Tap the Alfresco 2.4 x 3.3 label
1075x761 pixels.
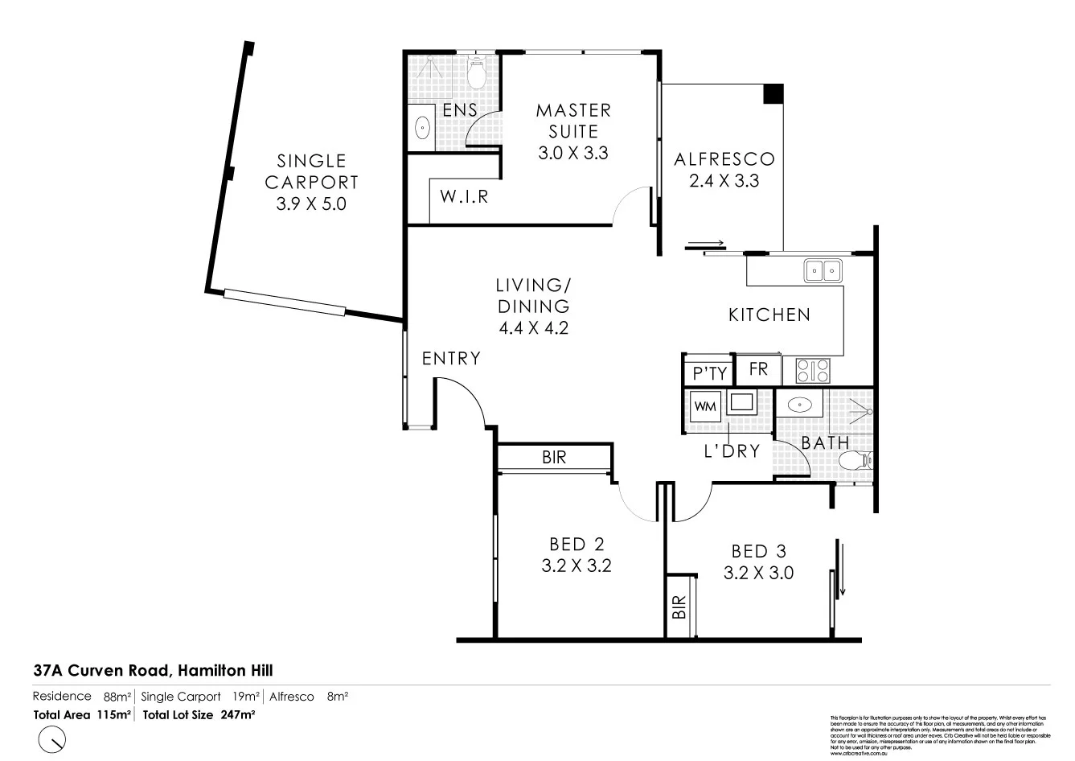point(724,170)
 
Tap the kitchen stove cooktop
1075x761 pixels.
point(813,371)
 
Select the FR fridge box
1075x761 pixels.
point(758,369)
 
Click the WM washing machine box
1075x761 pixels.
point(704,406)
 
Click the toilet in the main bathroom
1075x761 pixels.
point(854,461)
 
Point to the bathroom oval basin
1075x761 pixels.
point(801,405)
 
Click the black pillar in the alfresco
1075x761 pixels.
point(773,93)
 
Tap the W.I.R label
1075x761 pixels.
point(465,195)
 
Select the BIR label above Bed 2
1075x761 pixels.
point(554,457)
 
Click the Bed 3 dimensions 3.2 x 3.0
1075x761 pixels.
point(758,573)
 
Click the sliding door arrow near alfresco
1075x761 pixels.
point(706,244)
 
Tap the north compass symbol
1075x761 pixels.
point(52,738)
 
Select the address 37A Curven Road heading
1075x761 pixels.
point(148,669)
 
